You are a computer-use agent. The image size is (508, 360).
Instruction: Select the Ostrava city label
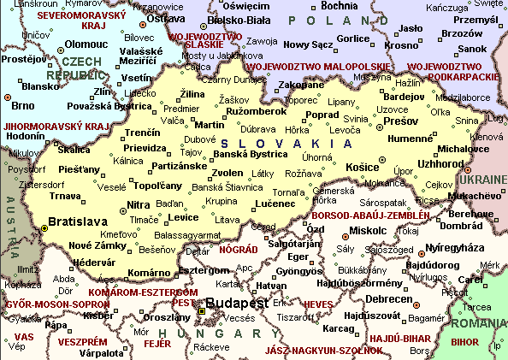click(166, 18)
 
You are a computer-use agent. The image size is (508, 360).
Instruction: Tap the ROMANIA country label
click(479, 325)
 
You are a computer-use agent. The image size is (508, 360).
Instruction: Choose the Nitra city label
click(138, 204)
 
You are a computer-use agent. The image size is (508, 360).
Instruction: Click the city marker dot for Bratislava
click(44, 228)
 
